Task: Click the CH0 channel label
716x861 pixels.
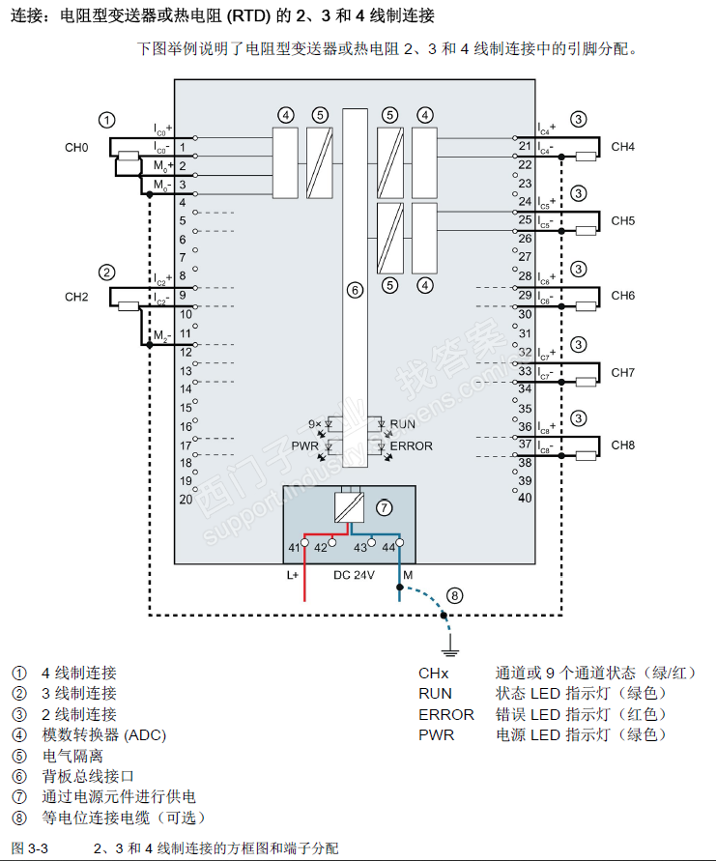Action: pos(76,148)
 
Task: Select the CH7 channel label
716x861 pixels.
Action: pos(622,372)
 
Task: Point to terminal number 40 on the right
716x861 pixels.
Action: pos(525,499)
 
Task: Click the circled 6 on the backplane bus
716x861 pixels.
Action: pos(355,289)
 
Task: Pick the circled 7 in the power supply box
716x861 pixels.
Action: pos(384,506)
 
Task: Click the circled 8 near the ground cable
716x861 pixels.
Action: pos(455,595)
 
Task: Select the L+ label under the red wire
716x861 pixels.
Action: pos(294,575)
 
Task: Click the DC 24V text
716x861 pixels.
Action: pos(355,575)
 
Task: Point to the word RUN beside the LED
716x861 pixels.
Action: pos(402,424)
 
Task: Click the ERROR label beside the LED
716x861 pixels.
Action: pos(411,445)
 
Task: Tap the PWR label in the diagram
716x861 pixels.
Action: pos(304,445)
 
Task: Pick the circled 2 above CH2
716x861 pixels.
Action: pos(107,273)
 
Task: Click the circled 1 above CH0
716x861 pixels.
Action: pos(107,120)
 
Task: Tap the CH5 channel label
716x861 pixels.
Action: pos(622,220)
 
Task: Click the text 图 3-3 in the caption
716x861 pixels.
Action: pos(30,847)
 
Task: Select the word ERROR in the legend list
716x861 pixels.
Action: pos(445,714)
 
